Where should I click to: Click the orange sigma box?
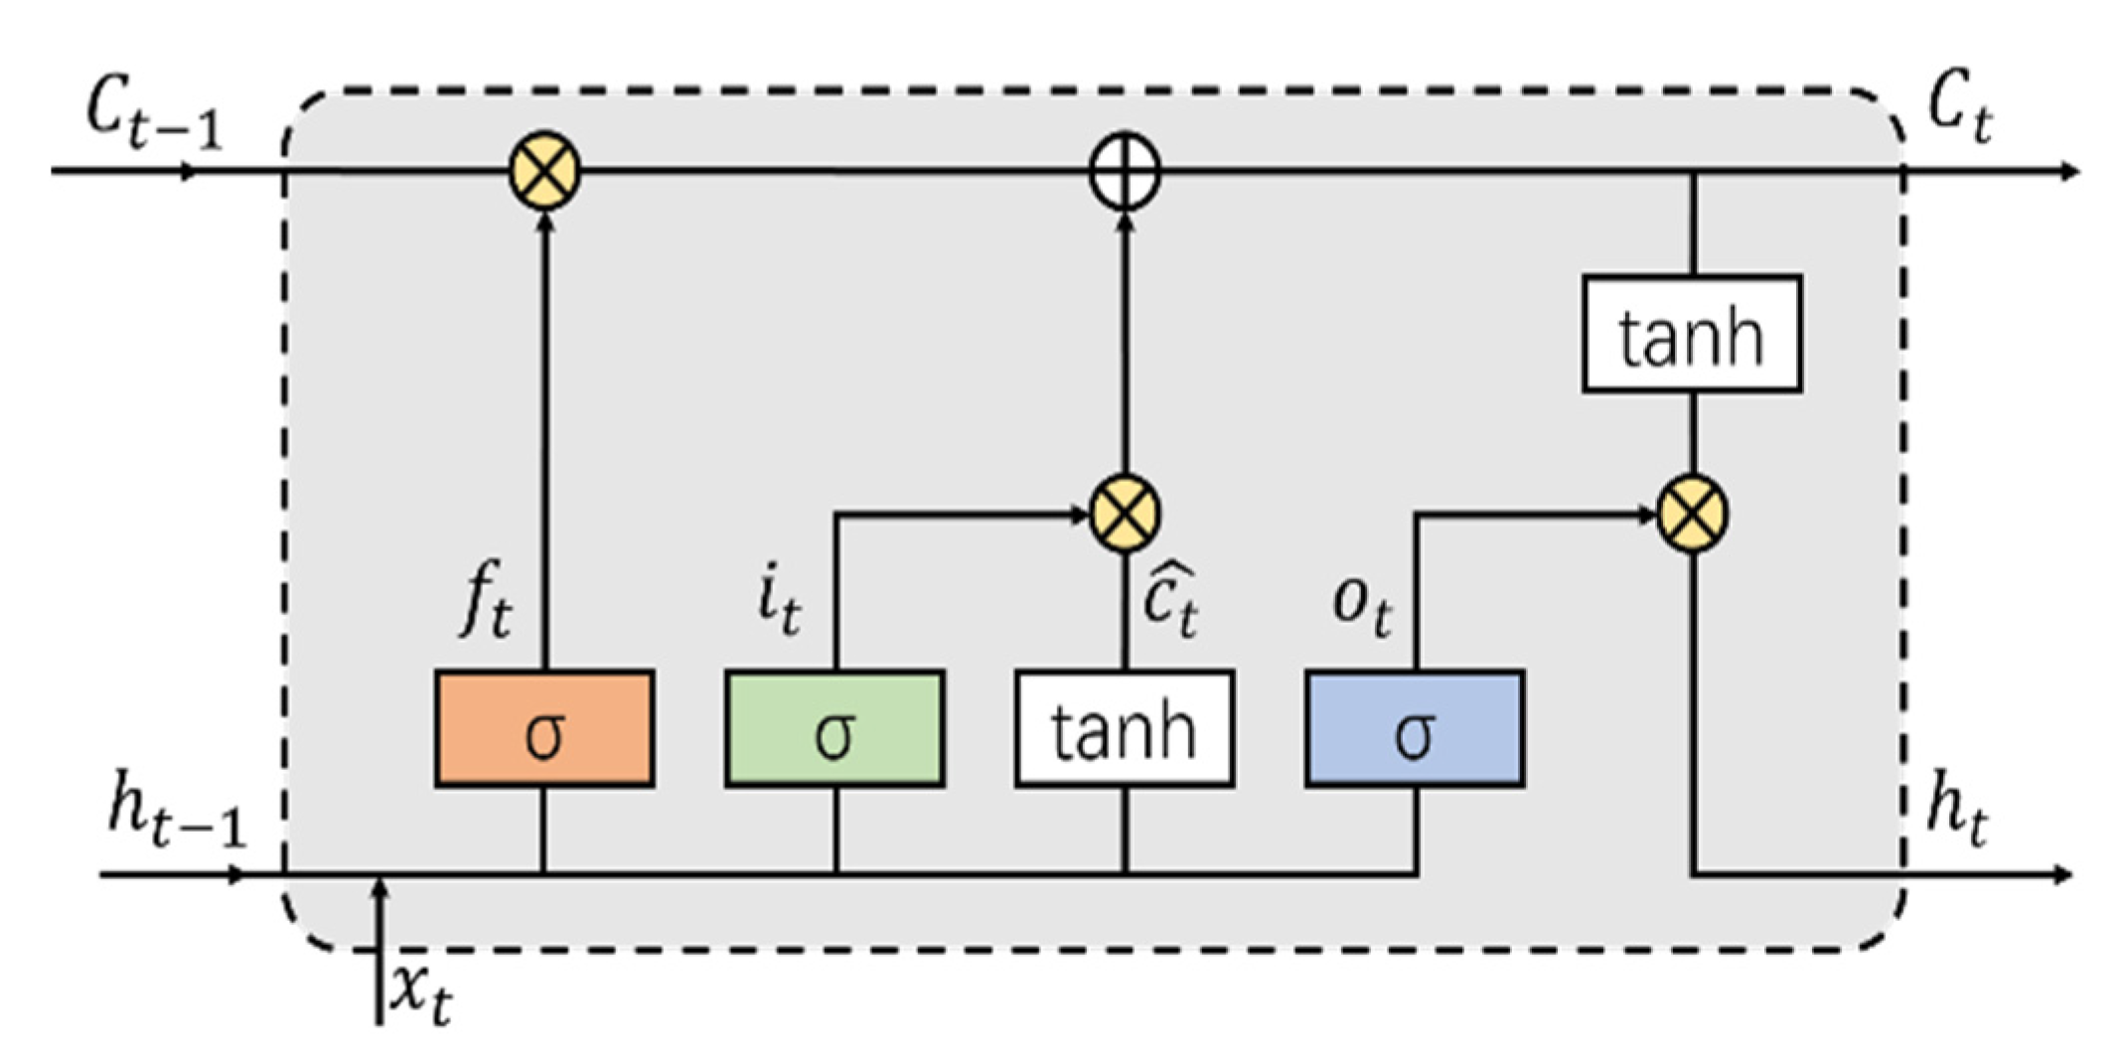pyautogui.click(x=544, y=729)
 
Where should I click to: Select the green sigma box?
pyautogui.click(x=834, y=729)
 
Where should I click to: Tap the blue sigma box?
pyautogui.click(x=1415, y=729)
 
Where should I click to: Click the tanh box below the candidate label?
pyautogui.click(x=1125, y=729)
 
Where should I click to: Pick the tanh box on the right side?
pyautogui.click(x=1692, y=334)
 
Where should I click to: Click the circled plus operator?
pyautogui.click(x=1125, y=171)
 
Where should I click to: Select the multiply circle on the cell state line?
pyautogui.click(x=544, y=171)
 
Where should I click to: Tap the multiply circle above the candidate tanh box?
pyautogui.click(x=1125, y=514)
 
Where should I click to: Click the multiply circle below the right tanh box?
pyautogui.click(x=1693, y=514)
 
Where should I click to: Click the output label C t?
pyautogui.click(x=1959, y=111)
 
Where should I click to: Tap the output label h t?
pyautogui.click(x=1957, y=815)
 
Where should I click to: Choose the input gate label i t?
pyautogui.click(x=778, y=603)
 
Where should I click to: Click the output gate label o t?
pyautogui.click(x=1361, y=603)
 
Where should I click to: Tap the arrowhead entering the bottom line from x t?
pyautogui.click(x=379, y=886)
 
